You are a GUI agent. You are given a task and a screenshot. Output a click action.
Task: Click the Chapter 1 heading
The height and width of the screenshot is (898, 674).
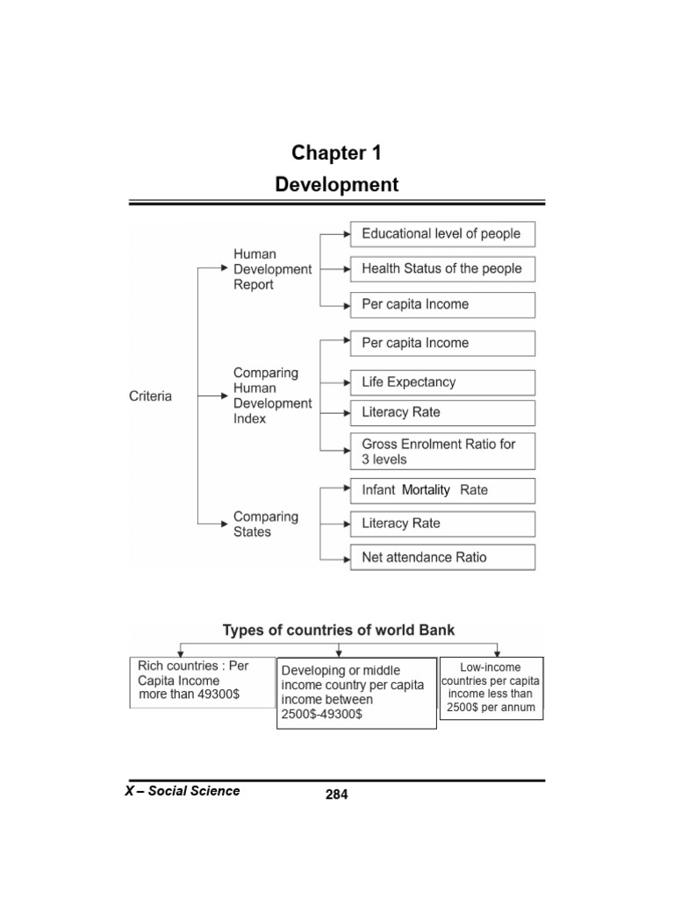pos(337,153)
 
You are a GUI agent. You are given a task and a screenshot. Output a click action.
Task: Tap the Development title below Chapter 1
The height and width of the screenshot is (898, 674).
pos(337,185)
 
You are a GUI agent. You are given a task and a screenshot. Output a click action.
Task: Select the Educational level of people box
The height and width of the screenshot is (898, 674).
pos(442,234)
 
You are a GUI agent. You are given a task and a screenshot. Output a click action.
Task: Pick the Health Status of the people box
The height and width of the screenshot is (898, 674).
pos(442,269)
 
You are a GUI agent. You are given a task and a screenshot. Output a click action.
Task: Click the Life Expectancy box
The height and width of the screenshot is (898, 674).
pos(442,382)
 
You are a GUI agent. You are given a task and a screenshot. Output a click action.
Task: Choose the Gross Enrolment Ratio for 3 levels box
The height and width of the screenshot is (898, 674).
pos(442,452)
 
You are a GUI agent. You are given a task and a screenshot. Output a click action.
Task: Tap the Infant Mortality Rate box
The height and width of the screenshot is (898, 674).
pos(442,490)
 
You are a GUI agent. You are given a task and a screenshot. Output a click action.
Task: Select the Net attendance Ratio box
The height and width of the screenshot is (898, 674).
pos(442,558)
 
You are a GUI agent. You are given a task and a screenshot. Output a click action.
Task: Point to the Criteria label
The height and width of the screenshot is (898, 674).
pos(151,396)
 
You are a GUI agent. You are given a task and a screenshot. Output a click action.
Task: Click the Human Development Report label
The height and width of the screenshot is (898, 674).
pos(272,269)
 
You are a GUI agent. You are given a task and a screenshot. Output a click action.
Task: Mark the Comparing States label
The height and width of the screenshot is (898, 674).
pos(266,524)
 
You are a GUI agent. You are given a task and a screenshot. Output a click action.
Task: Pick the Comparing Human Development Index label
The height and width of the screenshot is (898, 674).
pos(272,396)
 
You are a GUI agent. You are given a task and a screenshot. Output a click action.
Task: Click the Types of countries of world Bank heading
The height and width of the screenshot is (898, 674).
pos(339,631)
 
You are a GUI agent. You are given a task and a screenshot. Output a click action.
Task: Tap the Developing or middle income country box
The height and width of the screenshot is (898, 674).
pos(355,693)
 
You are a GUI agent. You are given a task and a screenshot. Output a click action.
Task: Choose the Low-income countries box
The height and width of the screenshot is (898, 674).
pos(491,688)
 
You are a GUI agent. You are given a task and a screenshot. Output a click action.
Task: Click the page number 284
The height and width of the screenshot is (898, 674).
pos(337,795)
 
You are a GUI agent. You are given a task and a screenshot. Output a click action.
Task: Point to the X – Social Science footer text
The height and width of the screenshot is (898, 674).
pos(183,791)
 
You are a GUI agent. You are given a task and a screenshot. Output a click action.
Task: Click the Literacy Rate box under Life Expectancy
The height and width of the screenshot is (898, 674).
pos(442,413)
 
